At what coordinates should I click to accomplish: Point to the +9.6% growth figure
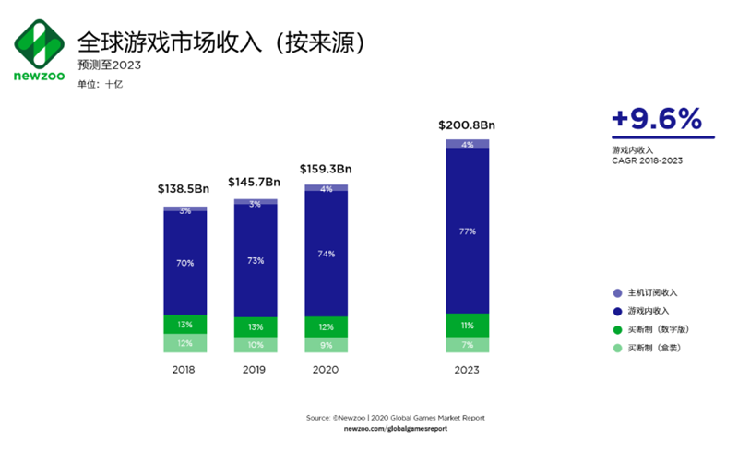pos(657,119)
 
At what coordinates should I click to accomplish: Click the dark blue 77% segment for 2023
pos(467,231)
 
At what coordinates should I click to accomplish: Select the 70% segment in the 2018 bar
pos(185,263)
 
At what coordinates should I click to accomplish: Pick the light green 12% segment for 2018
pos(185,343)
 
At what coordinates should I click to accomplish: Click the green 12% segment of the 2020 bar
pos(326,327)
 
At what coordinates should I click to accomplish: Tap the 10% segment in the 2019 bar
pos(256,344)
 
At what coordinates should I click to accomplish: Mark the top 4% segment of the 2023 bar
pos(467,144)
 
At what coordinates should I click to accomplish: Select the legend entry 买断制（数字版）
pos(656,329)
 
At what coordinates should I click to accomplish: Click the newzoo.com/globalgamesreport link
pos(395,429)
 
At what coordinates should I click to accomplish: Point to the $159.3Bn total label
pos(326,169)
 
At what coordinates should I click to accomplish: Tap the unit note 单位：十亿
pos(101,84)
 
